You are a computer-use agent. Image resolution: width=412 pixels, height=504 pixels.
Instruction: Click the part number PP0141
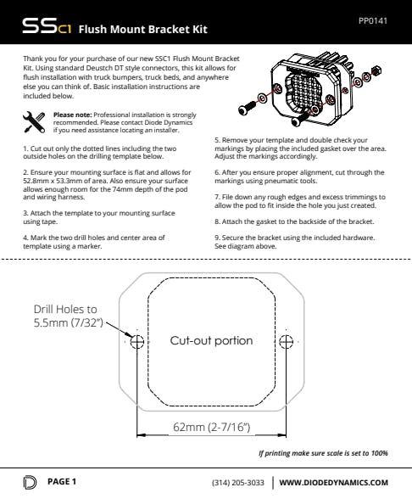coord(373,21)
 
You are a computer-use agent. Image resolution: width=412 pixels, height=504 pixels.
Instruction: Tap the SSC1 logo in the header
coord(47,26)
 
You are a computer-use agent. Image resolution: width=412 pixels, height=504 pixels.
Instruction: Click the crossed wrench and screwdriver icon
coord(34,122)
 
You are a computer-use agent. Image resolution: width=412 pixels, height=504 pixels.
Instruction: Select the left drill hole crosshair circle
coord(137,341)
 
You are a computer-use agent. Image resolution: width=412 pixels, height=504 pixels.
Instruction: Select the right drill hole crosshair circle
coord(286,341)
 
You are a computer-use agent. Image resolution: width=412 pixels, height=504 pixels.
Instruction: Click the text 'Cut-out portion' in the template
coord(211,340)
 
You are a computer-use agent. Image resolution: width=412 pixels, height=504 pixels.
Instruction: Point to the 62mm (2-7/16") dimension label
coord(211,427)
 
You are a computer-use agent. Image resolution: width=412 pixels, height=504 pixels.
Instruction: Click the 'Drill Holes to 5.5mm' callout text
coord(68,316)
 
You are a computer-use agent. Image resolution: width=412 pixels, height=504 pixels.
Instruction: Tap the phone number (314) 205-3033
coord(238,483)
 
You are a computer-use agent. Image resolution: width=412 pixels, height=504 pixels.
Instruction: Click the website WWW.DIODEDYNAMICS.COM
coord(334,483)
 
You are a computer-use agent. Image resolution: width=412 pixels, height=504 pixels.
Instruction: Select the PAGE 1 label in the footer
coord(62,481)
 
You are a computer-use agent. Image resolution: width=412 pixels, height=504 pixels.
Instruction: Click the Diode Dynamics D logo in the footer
coord(30,482)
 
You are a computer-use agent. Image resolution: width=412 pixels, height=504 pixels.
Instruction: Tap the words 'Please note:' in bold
coord(73,115)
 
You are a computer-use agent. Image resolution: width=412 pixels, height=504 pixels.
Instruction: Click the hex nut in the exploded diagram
coord(376,70)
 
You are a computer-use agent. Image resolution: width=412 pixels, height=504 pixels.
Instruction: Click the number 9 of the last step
coord(217,238)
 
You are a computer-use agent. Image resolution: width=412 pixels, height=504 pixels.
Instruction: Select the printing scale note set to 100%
coord(323,453)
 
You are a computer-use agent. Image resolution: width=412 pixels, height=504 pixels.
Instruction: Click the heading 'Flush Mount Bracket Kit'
coord(143,29)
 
